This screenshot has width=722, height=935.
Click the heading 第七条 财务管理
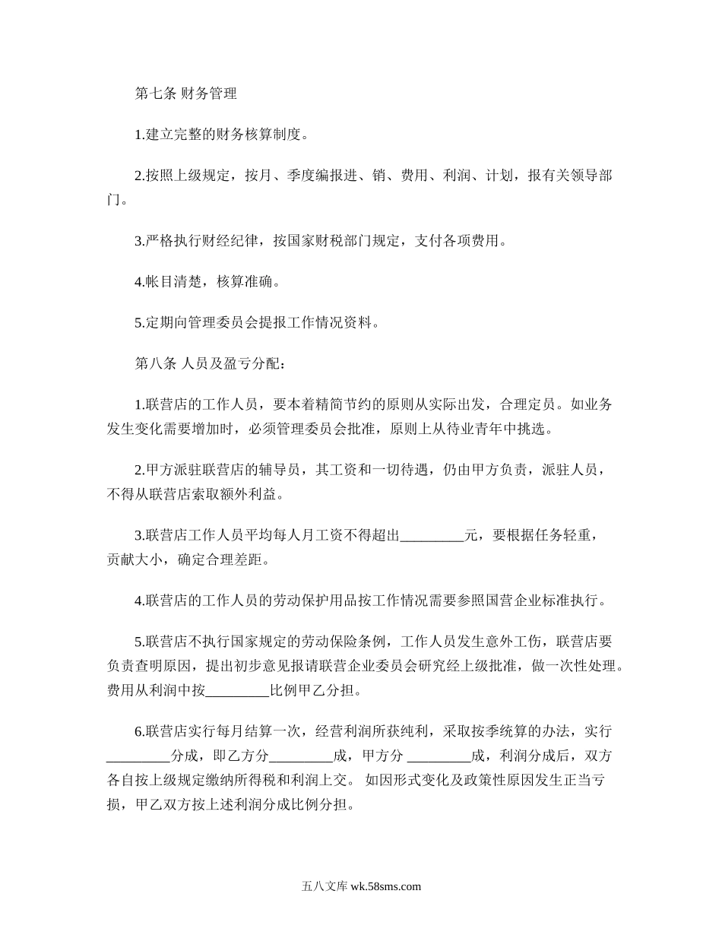[x=185, y=94]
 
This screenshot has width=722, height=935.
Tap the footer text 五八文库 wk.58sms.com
[x=361, y=886]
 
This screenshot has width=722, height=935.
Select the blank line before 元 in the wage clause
[x=432, y=536]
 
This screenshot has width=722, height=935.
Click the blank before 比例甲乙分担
[x=237, y=692]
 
